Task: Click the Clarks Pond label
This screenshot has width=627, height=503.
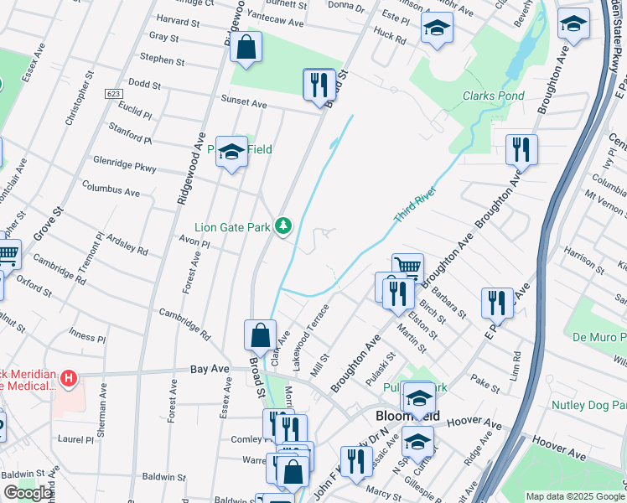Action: click(494, 96)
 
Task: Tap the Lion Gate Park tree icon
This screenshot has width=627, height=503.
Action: click(284, 226)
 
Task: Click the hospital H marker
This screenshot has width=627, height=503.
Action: click(69, 379)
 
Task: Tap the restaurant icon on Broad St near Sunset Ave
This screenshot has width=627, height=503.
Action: click(319, 85)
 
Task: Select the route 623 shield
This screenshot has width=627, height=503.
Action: click(116, 93)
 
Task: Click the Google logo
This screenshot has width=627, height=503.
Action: click(28, 493)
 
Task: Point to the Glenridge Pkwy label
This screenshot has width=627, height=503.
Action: click(126, 163)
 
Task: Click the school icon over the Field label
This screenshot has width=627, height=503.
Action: click(232, 153)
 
